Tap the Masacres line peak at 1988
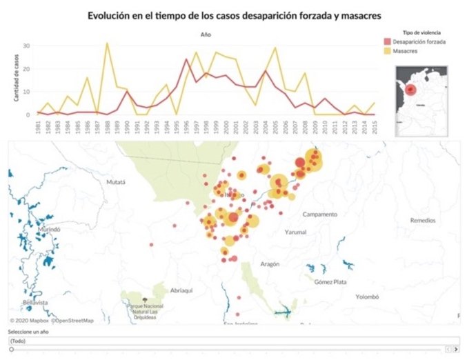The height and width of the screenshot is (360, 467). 107,43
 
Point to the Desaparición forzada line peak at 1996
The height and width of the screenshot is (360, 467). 186,59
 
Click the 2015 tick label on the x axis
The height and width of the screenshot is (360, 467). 373,127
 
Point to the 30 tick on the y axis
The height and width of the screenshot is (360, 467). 26,46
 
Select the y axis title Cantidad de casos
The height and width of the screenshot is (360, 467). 14,79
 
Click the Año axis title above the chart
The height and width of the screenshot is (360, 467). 205,34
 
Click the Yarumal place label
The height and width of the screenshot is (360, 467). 295,232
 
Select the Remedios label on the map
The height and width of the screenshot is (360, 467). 422,221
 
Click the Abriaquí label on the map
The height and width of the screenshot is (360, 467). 182,291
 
